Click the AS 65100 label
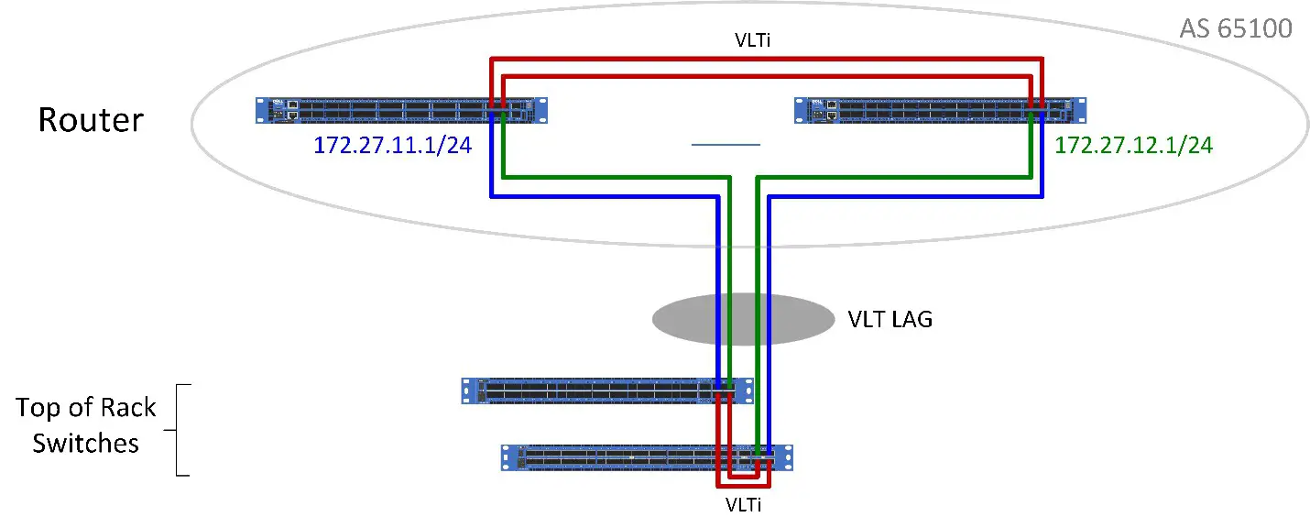[x=1235, y=28]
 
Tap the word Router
[x=91, y=120]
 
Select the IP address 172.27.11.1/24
[x=392, y=145]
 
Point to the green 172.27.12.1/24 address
[x=1134, y=145]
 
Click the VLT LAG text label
[x=890, y=320]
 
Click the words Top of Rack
[x=86, y=408]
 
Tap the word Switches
[x=86, y=444]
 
